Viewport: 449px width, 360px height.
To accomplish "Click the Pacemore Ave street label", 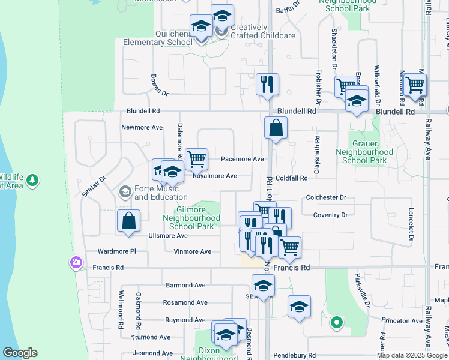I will pyautogui.click(x=242, y=159).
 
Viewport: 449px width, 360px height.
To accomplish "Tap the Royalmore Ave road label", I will pyautogui.click(x=214, y=176).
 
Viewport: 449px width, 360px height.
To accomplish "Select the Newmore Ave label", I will pyautogui.click(x=142, y=127).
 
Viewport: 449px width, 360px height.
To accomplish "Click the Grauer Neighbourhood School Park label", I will pyautogui.click(x=369, y=152).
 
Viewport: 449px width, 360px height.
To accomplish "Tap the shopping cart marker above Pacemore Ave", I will pyautogui.click(x=196, y=159).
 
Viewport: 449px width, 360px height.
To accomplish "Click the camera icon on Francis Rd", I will pyautogui.click(x=76, y=262).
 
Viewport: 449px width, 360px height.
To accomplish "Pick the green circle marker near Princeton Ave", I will pyautogui.click(x=337, y=322).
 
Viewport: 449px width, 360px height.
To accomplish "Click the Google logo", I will pyautogui.click(x=19, y=353).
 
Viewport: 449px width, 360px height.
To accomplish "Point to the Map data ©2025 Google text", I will pyautogui.click(x=411, y=355).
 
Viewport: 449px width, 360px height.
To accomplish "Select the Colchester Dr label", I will pyautogui.click(x=326, y=197).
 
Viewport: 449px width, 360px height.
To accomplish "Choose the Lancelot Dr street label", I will pyautogui.click(x=412, y=224).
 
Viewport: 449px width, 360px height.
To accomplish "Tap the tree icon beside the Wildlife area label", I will pyautogui.click(x=32, y=179).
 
